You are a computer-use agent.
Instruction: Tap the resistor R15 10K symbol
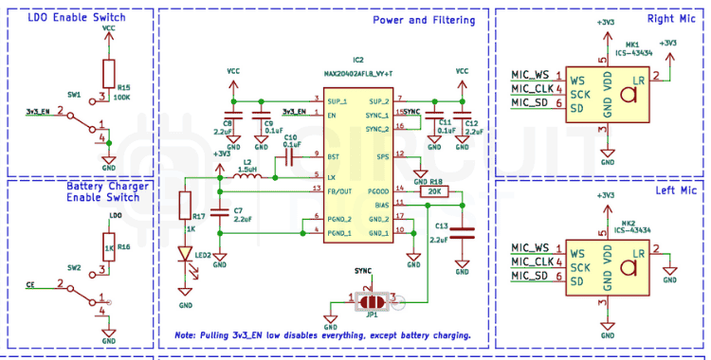[109, 73]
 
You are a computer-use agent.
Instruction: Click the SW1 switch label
[74, 96]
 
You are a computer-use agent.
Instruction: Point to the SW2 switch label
[74, 268]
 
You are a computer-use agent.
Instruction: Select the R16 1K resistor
[109, 248]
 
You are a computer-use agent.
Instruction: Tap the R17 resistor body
[186, 206]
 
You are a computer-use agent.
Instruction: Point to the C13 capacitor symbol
[462, 230]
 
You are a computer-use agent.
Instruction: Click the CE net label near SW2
[29, 283]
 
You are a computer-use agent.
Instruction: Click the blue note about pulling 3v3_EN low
[322, 335]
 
